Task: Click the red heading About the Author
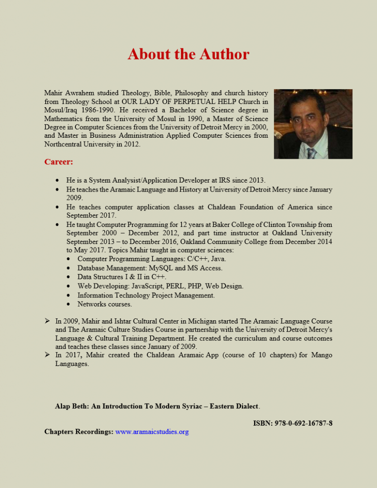[x=188, y=54]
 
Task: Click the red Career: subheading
[x=59, y=162]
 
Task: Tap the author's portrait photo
[x=313, y=124]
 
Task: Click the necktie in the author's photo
[x=312, y=153]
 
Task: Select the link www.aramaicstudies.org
[x=152, y=432]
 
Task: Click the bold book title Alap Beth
[x=157, y=407]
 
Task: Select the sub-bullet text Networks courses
[x=104, y=304]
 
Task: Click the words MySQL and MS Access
[x=185, y=268]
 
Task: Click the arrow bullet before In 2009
[x=48, y=321]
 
